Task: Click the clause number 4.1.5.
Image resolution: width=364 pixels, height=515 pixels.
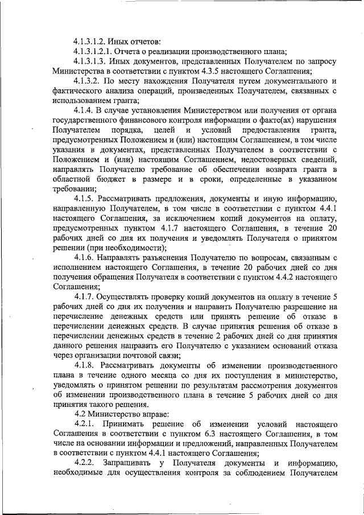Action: click(85, 199)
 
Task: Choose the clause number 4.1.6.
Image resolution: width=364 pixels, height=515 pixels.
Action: click(85, 258)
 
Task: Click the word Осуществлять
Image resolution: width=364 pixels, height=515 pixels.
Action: click(131, 297)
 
